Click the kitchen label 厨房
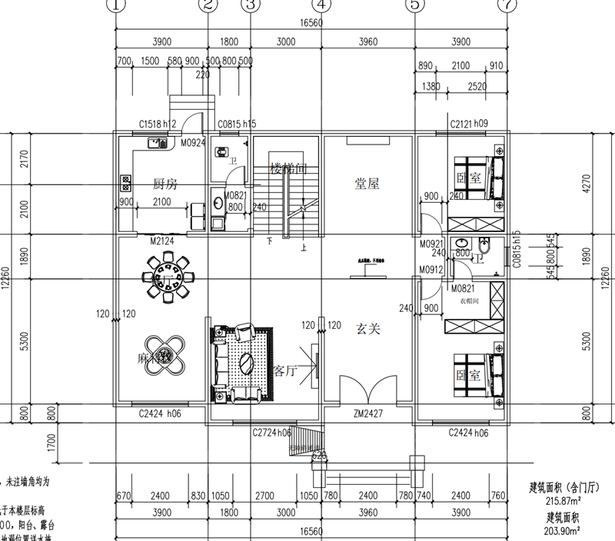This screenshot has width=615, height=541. pos(165,184)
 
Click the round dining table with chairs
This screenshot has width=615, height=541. pos(162,279)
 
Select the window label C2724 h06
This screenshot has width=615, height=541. pos(272,433)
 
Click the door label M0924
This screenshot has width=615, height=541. pos(192,143)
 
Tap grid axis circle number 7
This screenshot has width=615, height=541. pos(506,6)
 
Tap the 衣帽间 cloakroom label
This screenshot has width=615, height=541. pos(469,302)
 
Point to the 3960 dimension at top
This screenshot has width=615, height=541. pos(368,41)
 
